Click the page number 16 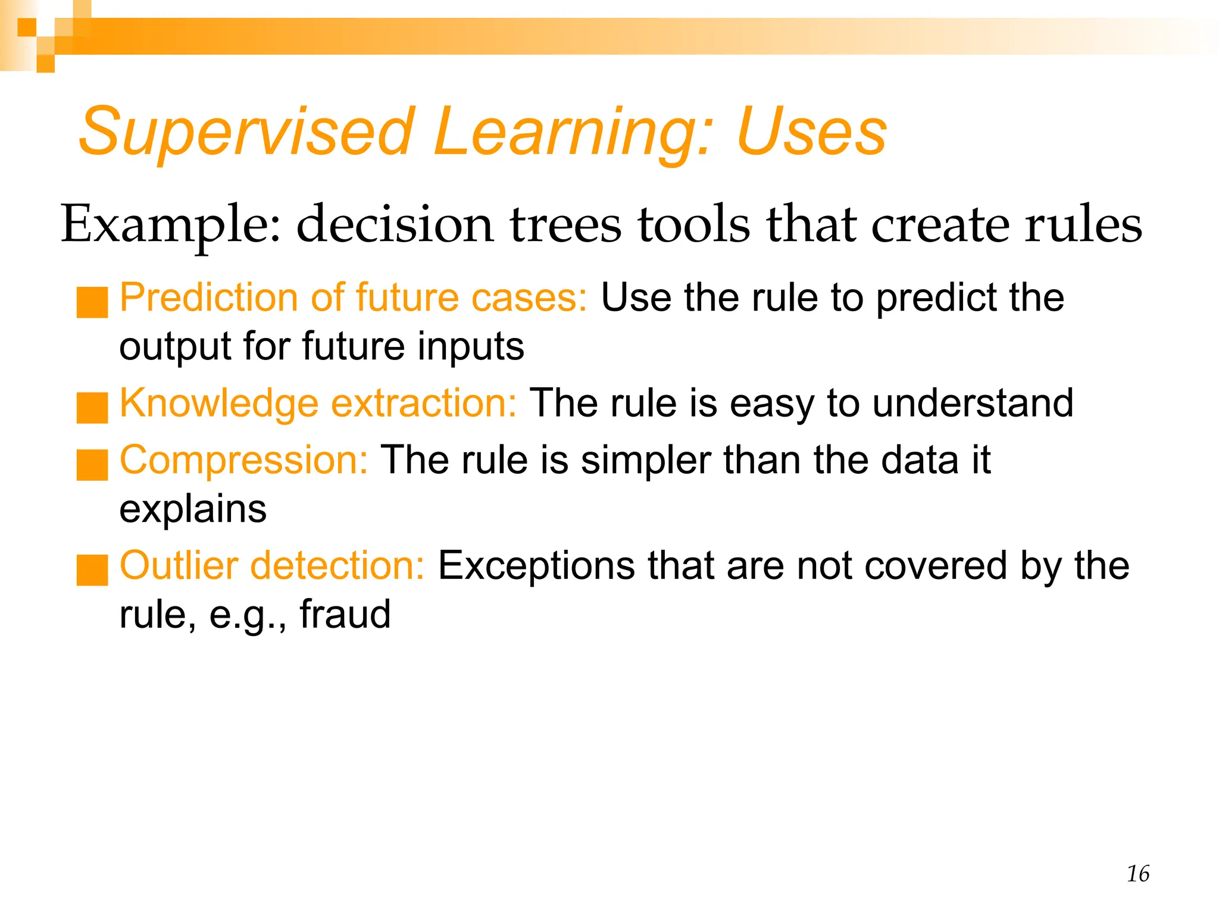1137,874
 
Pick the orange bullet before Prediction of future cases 92,302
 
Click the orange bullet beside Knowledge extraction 92,408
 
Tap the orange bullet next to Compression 92,465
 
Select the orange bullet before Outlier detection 92,569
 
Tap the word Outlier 179,565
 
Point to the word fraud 345,614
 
